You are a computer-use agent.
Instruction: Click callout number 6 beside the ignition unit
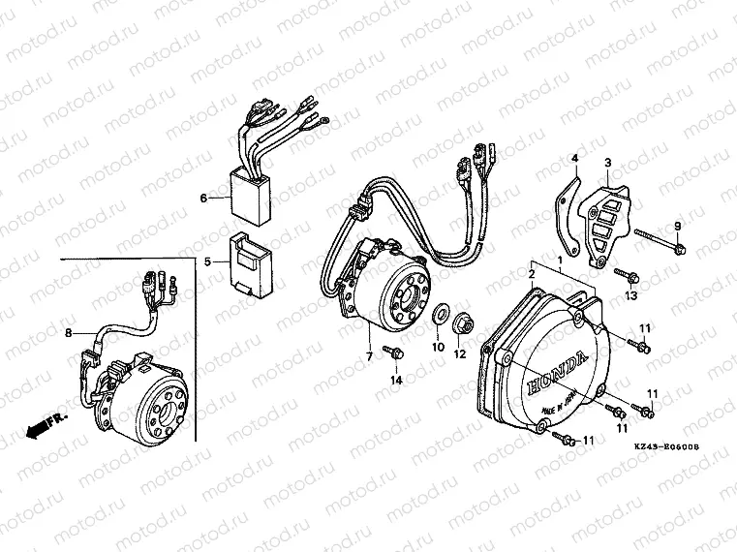point(203,199)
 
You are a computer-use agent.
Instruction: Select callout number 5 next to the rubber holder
point(206,261)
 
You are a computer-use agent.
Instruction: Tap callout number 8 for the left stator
point(68,334)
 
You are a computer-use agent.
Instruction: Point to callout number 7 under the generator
point(369,357)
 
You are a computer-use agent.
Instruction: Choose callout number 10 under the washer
point(437,346)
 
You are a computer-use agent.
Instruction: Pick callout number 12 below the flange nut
point(460,353)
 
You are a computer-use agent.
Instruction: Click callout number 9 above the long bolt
point(677,227)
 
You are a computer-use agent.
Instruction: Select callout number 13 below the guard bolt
point(630,294)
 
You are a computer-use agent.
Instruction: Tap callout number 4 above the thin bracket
point(573,158)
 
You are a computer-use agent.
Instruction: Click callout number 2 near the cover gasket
point(531,276)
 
